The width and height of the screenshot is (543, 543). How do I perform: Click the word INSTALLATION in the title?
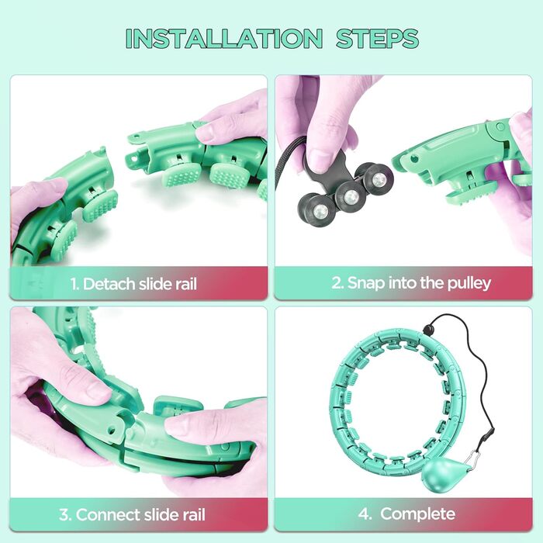tap(224, 39)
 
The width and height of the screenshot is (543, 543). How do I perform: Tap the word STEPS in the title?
tap(378, 39)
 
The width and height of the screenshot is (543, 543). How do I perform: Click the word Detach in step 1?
tap(109, 284)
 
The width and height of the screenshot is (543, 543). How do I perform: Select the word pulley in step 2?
tap(469, 284)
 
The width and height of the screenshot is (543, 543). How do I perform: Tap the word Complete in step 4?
tap(417, 514)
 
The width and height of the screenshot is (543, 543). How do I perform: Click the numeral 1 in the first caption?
tap(74, 284)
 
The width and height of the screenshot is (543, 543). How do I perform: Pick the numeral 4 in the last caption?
tap(364, 514)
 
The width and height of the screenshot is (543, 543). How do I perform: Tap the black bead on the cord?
tap(428, 330)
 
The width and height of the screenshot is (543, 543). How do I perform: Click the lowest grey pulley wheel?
tap(316, 209)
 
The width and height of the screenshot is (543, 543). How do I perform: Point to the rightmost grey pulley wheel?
tap(378, 179)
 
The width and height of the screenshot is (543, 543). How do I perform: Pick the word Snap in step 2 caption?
tap(365, 284)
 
